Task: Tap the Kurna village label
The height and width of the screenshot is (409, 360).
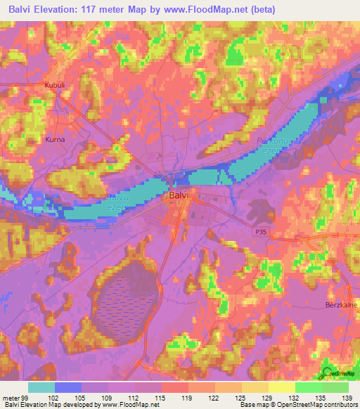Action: [55, 139]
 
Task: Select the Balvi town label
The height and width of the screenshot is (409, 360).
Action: [177, 197]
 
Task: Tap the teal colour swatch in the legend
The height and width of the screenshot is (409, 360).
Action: [41, 387]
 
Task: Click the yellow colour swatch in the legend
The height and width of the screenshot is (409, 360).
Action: [282, 387]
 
